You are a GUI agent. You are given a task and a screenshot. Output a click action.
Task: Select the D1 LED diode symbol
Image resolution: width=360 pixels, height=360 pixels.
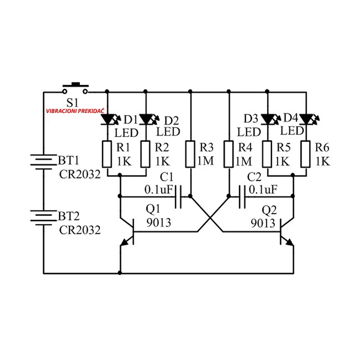pos(107,119)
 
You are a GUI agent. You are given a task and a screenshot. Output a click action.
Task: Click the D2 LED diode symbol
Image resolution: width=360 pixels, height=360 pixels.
pos(146,119)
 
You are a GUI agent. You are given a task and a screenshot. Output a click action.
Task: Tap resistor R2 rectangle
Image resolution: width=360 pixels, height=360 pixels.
pos(146,154)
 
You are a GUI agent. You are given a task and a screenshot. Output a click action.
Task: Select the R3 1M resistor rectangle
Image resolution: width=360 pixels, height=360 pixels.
pos(190,154)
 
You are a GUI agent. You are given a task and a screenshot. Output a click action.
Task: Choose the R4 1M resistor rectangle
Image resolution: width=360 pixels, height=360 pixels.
pos(228,154)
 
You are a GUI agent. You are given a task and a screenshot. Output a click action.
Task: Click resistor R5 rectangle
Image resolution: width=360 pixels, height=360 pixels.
pos(268,154)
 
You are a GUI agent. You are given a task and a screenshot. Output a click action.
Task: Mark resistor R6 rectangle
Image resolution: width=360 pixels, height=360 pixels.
pos(305,154)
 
